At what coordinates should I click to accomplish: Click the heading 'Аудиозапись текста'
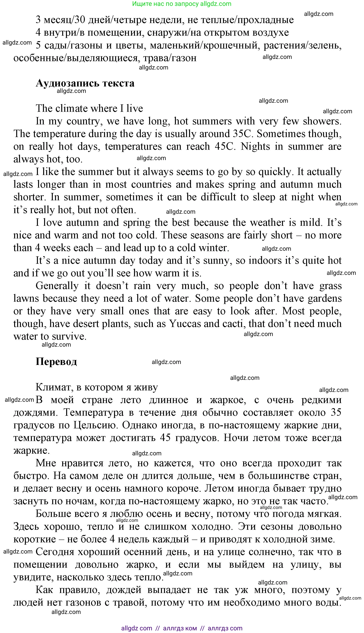pos(85,83)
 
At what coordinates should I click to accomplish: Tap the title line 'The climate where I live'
pos(89,109)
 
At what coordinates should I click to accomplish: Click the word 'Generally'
pos(57,286)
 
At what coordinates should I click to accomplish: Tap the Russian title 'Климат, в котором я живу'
pos(97,387)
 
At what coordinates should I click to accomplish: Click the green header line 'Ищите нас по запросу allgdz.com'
pos(182,4)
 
